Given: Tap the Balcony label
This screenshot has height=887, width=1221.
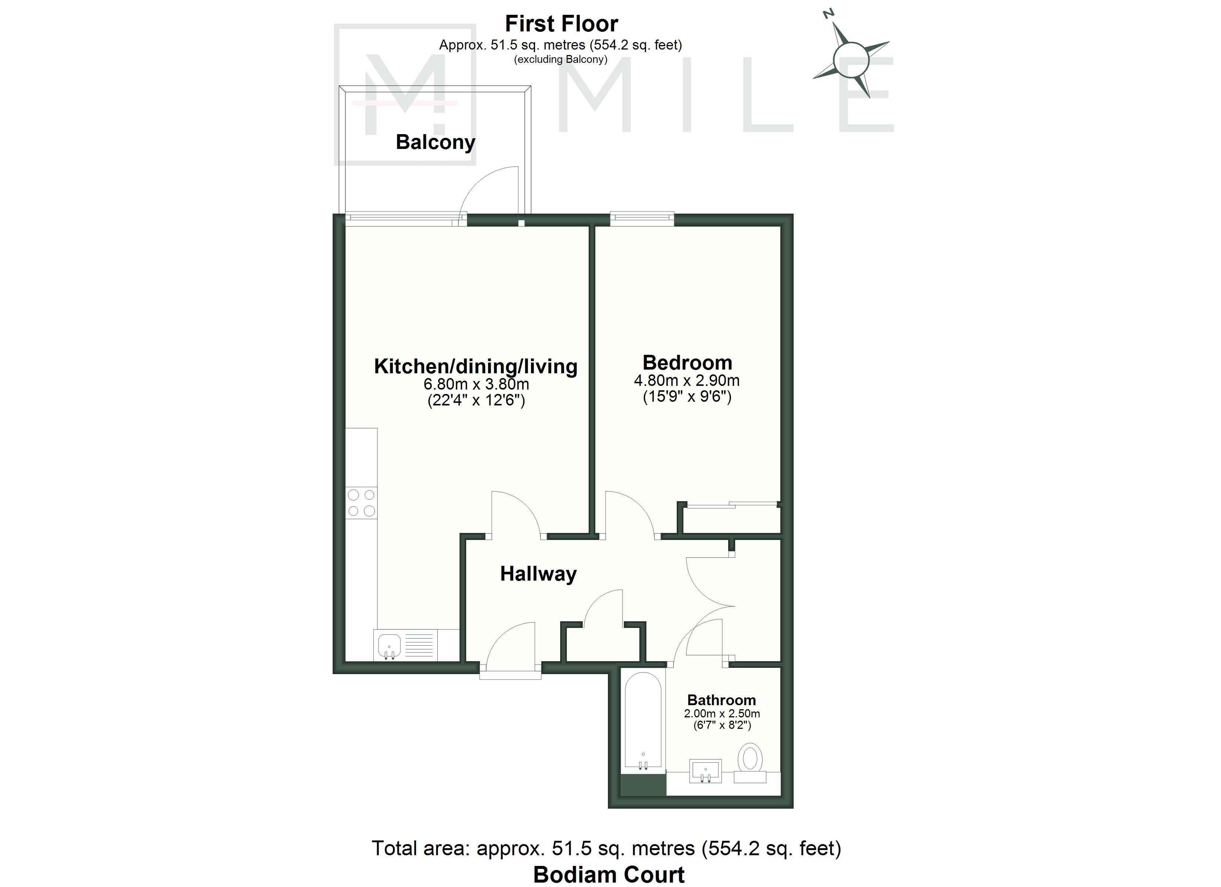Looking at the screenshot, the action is pos(435,142).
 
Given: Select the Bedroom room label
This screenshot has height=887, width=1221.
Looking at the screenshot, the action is pos(687,363).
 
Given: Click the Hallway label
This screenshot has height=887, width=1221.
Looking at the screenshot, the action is pos(538,574).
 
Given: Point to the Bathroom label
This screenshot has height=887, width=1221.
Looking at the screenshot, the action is pos(721,700).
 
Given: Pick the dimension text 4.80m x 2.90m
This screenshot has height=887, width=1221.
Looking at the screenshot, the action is pos(687,381).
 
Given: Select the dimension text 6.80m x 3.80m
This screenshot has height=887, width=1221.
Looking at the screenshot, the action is pos(477,384).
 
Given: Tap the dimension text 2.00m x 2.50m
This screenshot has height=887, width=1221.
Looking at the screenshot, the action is pos(722,714).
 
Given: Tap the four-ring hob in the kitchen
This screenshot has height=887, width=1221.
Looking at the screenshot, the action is pos(361,503).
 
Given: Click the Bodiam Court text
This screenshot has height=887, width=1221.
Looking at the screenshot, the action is pos(609,875).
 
